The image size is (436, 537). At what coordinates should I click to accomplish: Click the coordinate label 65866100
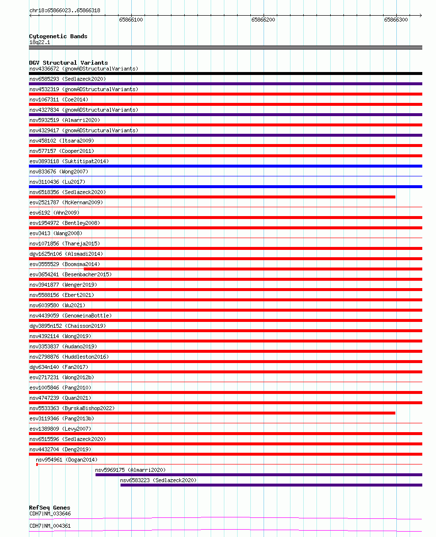pos(131,20)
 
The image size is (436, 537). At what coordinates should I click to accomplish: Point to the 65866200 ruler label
pos(263,20)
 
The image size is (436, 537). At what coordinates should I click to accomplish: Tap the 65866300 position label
pos(396,20)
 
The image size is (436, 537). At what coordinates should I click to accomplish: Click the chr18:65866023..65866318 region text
pos(65,10)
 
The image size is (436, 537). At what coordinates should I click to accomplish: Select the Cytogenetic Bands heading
pos(58,36)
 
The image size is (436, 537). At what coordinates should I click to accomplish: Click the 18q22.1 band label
pos(40,42)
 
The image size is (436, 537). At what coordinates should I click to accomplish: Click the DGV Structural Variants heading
pos(68,63)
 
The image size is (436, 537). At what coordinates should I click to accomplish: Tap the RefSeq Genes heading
pos(49,508)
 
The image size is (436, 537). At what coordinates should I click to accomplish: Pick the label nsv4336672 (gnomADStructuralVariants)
pos(84,69)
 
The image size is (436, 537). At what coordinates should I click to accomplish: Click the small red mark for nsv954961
pos(37,464)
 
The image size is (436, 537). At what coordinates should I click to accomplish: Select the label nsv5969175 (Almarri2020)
pos(130,470)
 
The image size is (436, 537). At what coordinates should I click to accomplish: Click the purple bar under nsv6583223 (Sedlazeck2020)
pos(271,485)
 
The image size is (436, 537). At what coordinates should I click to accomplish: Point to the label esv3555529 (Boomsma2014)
pos(65,264)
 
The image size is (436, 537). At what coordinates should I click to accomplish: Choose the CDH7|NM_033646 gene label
pos(50,513)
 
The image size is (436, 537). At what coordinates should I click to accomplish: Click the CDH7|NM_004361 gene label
pos(50,526)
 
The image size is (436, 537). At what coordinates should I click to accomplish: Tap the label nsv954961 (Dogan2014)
pos(67,460)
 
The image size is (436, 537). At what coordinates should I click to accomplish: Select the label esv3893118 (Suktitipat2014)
pos(69,161)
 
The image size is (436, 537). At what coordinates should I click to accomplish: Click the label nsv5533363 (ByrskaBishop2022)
pos(72,408)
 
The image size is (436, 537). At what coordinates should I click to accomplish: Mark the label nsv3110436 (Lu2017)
pos(57,182)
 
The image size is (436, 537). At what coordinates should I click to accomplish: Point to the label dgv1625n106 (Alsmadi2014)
pos(66,254)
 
